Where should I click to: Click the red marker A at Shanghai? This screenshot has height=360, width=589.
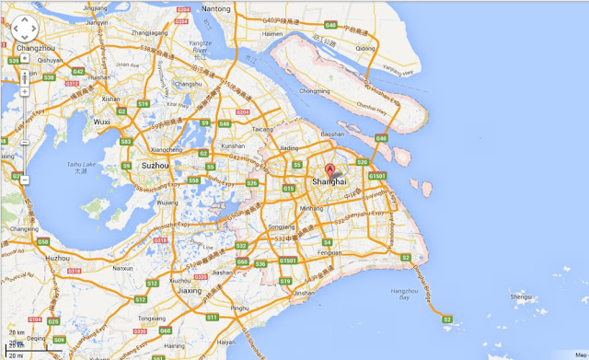coord(330,169)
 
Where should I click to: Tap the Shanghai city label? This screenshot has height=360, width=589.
coord(329,181)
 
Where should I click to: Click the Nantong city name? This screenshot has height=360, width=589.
coord(216,8)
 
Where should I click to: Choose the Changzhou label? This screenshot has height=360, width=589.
coord(35,47)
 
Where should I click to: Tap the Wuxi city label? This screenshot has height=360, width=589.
coord(102,121)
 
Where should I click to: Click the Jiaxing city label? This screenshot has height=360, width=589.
coord(190,291)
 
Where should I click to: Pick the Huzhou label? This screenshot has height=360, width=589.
coord(56,258)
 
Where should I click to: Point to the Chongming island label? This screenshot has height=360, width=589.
coord(314,91)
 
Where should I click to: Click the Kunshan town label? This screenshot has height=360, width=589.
coord(233,145)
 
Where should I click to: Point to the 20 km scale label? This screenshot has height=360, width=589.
coord(15,332)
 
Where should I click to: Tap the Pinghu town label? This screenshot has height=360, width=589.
coord(240,308)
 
